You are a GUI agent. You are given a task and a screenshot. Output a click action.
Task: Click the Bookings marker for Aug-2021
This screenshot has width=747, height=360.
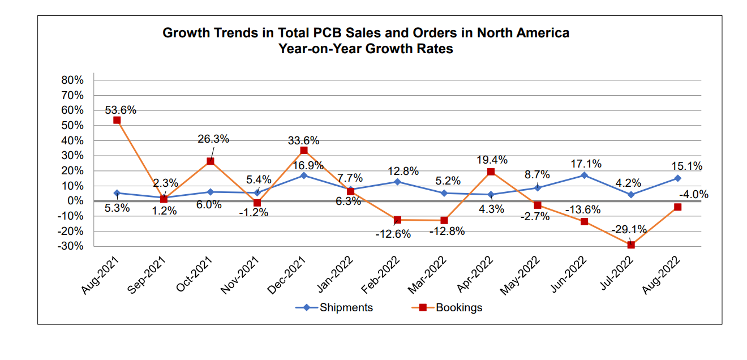click(117, 120)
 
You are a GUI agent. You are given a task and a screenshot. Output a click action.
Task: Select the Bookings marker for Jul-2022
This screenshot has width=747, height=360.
click(631, 245)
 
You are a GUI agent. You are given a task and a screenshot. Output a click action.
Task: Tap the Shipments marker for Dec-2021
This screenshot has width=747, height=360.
click(304, 175)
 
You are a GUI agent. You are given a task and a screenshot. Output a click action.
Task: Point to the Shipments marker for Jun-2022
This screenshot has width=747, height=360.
click(584, 175)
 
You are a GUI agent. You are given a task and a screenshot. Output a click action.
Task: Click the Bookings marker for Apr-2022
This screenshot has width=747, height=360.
click(491, 172)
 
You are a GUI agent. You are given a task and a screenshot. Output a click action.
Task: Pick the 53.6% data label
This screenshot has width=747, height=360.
click(121, 110)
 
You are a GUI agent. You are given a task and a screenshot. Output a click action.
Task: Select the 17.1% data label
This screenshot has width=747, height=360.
click(586, 164)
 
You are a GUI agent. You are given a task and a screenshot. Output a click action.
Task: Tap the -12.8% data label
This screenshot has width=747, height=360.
click(447, 231)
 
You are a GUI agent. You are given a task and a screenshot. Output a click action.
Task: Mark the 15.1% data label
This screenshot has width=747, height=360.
click(686, 166)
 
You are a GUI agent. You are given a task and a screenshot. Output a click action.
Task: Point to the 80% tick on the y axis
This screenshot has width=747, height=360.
click(72, 80)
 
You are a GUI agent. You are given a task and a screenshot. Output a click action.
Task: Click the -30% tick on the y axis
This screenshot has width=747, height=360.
click(71, 246)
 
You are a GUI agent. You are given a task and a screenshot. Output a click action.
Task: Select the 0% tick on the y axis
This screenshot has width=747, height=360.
click(75, 201)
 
